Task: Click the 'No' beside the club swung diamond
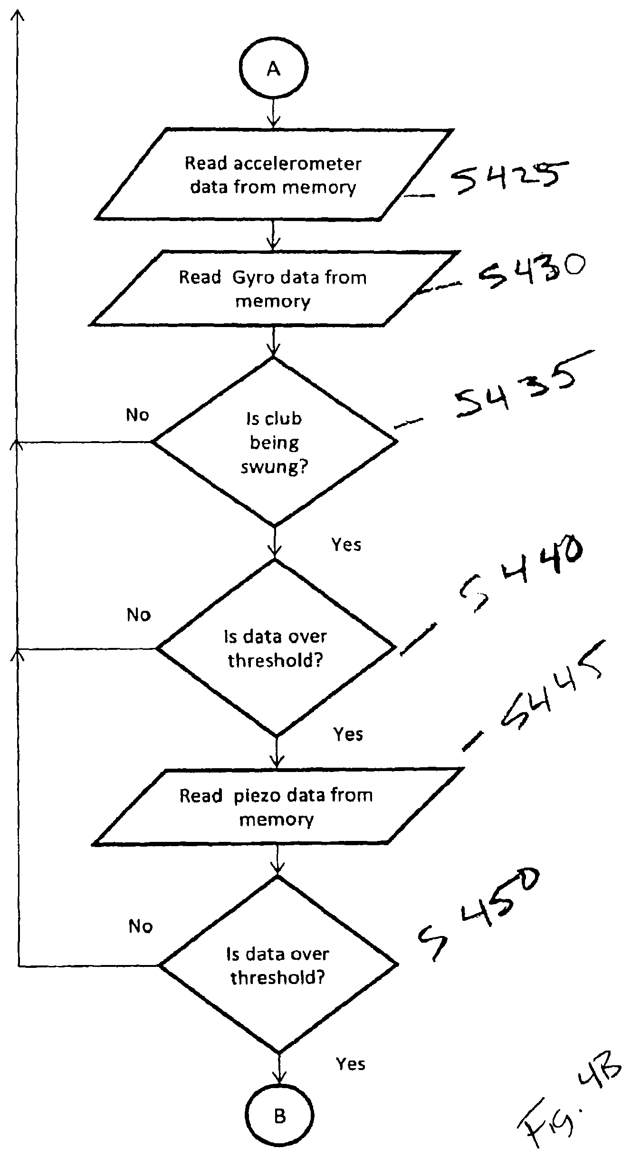[x=137, y=415]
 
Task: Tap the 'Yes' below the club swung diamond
[x=346, y=544]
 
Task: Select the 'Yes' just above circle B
[x=351, y=1063]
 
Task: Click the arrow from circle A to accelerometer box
[x=273, y=113]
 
